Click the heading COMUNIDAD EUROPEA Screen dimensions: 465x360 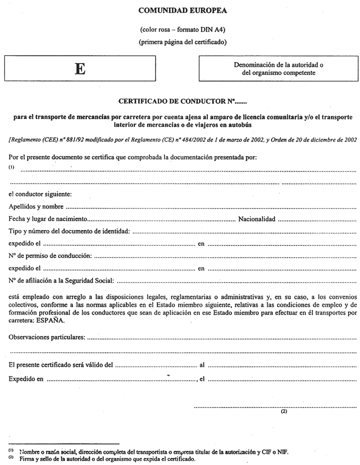point(182,10)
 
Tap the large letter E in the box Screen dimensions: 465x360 point(79,69)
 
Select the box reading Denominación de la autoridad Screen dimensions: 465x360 point(279,68)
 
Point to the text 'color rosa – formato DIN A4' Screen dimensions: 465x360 point(182,29)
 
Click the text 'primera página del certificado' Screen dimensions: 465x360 point(182,42)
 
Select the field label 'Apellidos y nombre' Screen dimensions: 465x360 point(36,206)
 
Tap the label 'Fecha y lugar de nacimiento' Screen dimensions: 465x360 point(48,218)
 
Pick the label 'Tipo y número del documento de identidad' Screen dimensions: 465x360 point(69,231)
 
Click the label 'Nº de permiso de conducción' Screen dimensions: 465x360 point(50,256)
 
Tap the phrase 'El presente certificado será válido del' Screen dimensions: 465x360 point(61,366)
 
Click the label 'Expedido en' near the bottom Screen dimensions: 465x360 point(26,379)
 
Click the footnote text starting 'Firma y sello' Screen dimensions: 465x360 point(107,458)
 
